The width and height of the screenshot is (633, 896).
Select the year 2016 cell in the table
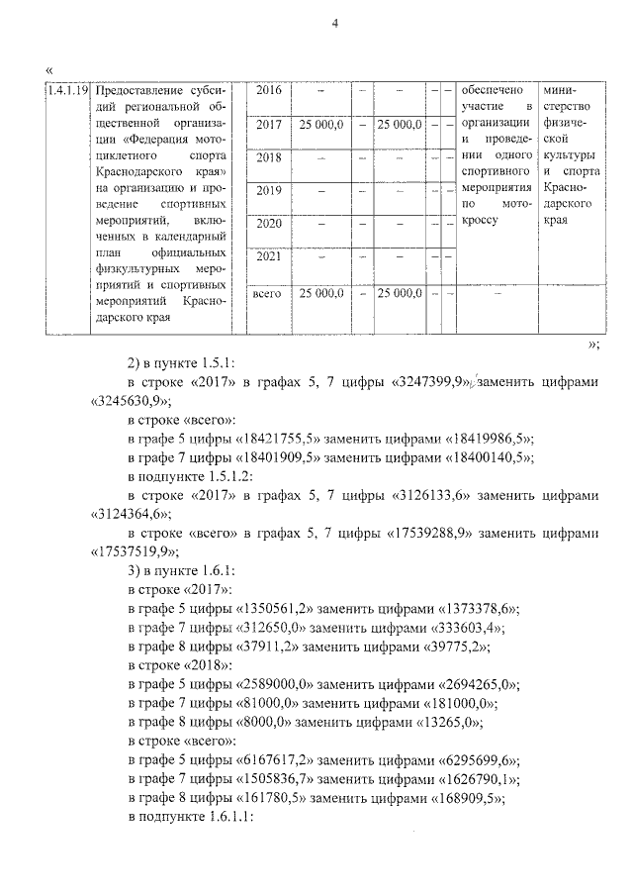(269, 91)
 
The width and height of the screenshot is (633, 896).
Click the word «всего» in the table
(269, 293)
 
